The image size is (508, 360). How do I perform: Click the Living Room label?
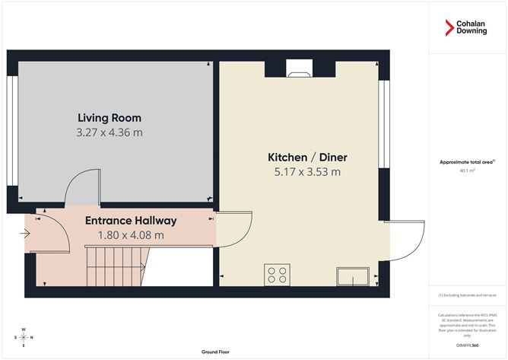pos(110,118)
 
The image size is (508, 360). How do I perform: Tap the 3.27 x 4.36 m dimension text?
pos(110,132)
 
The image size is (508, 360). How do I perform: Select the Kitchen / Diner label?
pos(306,158)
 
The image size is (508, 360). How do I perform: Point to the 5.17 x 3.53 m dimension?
pos(306,172)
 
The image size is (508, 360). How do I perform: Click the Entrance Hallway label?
pos(131,221)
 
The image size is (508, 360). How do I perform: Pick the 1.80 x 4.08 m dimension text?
pos(131,235)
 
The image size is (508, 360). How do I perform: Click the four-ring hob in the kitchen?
pos(276,273)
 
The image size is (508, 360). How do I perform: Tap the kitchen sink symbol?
pos(354,276)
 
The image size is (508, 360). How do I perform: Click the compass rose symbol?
pos(25,336)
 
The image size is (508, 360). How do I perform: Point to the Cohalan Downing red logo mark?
pos(449,28)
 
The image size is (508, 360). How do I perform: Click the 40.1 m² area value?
pos(467,170)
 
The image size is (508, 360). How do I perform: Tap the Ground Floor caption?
pos(216,352)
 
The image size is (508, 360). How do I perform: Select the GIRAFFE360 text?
pos(468,345)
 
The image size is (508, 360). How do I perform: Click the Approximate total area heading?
pos(467,161)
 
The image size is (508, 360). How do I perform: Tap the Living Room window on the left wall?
pos(12,130)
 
